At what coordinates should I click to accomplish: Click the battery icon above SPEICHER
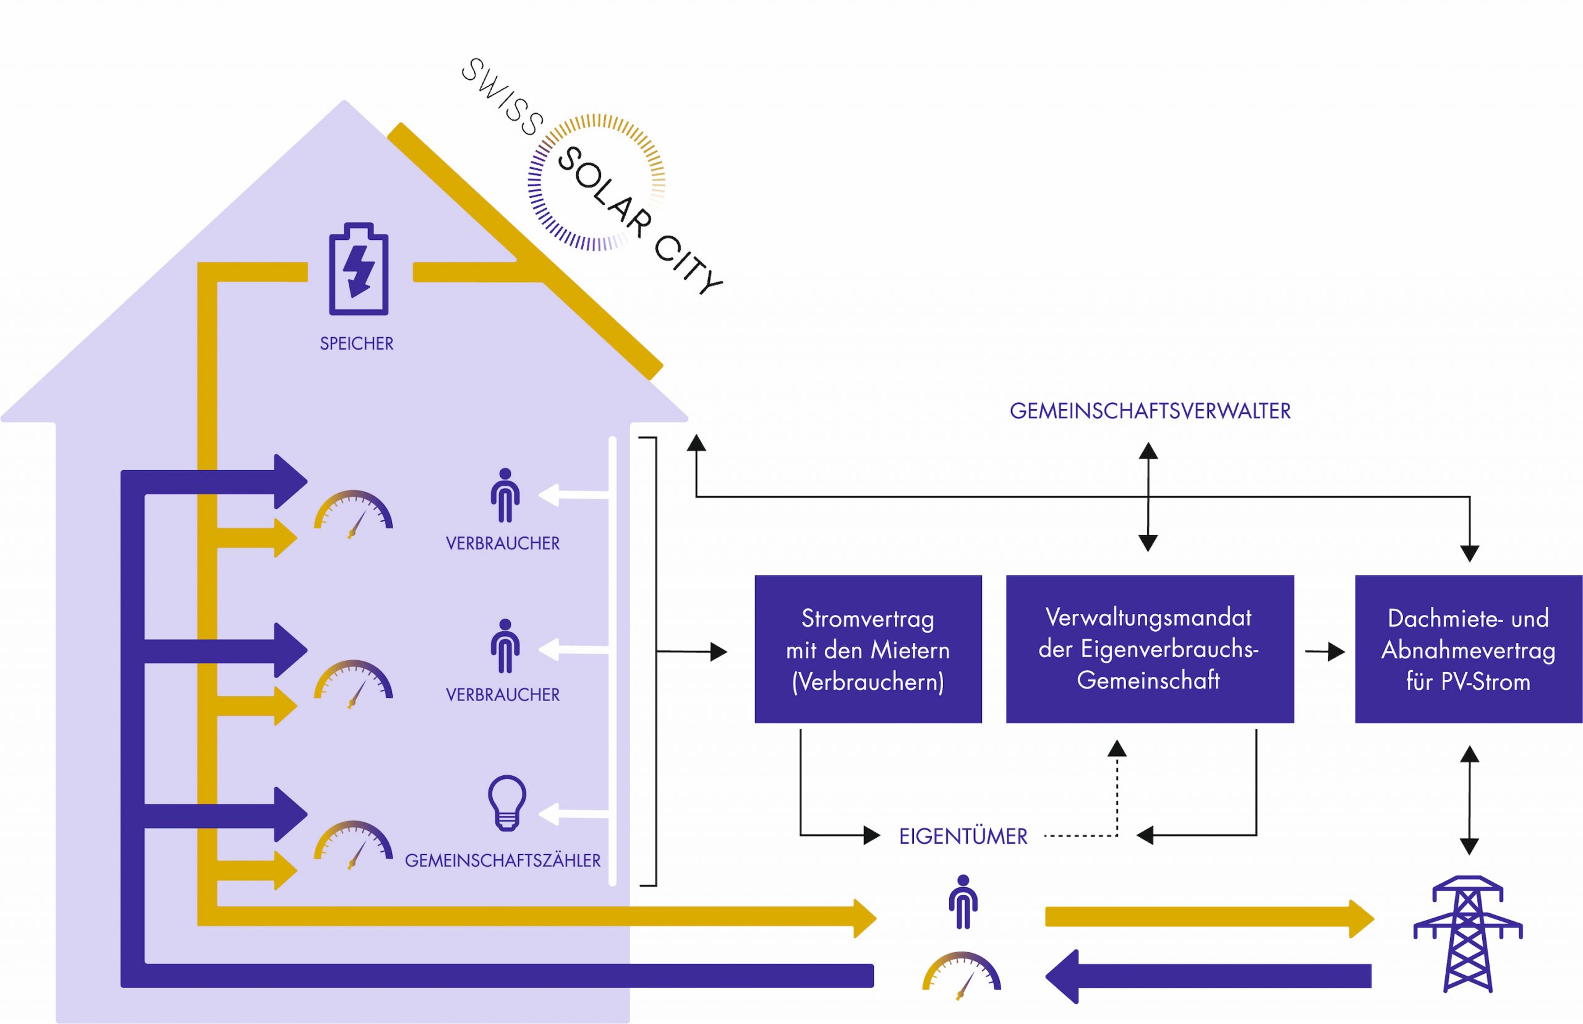(x=359, y=269)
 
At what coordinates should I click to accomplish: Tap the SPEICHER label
(x=357, y=344)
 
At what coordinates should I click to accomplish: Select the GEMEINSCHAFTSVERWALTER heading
(x=1150, y=411)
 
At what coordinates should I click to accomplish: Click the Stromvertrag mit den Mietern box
(x=868, y=649)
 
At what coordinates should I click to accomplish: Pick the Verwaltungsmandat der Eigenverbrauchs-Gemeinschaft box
(x=1149, y=649)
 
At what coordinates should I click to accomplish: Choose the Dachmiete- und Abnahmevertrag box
(x=1468, y=649)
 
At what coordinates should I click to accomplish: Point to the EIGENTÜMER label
(x=963, y=837)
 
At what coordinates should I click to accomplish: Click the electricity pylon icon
(x=1467, y=934)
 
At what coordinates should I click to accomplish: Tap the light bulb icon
(x=507, y=802)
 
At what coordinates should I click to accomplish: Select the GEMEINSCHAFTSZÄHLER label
(x=502, y=861)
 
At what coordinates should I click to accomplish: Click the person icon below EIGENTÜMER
(x=963, y=902)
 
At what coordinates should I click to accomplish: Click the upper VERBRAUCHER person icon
(x=505, y=496)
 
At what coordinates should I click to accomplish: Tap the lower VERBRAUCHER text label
(x=502, y=695)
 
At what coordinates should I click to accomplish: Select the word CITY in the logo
(x=688, y=264)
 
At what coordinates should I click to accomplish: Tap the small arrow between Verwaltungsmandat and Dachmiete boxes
(x=1325, y=652)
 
